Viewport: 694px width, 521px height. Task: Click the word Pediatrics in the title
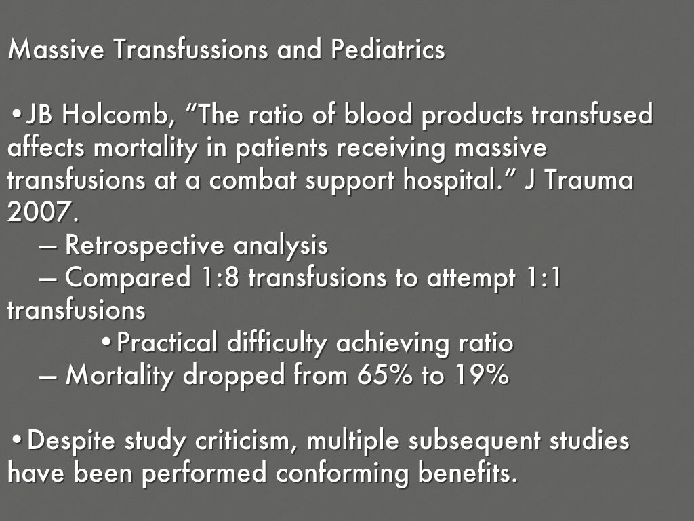pyautogui.click(x=388, y=50)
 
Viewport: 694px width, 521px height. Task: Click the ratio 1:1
pyautogui.click(x=544, y=278)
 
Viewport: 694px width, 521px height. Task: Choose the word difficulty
pyautogui.click(x=278, y=343)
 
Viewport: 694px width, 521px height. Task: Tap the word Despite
pyautogui.click(x=72, y=441)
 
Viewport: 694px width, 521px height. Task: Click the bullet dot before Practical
pyautogui.click(x=106, y=343)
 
